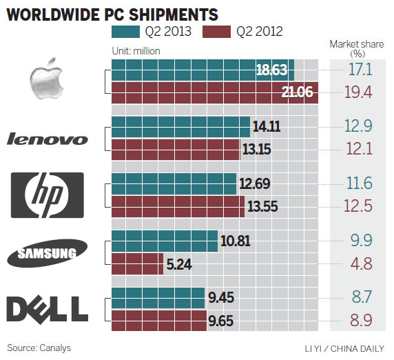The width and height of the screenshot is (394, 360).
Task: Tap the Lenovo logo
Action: [47, 139]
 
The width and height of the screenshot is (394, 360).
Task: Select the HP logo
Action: [47, 195]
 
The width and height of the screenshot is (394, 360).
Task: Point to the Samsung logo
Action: [47, 253]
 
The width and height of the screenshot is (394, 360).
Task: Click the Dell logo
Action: [47, 308]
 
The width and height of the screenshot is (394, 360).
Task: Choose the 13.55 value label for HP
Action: [264, 206]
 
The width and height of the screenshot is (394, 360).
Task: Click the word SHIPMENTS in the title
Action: [173, 14]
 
